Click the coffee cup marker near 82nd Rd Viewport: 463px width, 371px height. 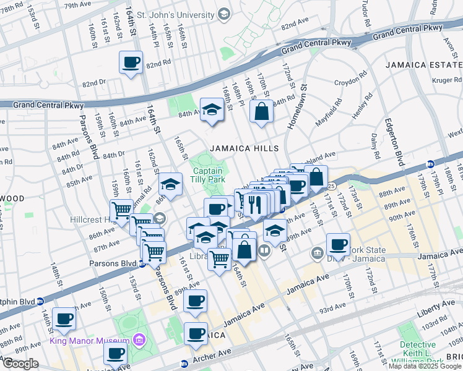(x=131, y=62)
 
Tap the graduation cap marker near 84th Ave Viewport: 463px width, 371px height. (x=212, y=110)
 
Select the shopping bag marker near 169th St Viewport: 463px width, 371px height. (x=262, y=112)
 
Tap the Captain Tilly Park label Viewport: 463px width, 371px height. (x=208, y=175)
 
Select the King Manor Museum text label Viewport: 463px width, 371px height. (x=90, y=341)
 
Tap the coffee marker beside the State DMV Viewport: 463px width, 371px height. (x=338, y=244)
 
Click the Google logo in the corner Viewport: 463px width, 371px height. (x=20, y=364)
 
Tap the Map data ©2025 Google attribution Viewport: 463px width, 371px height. (x=425, y=366)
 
